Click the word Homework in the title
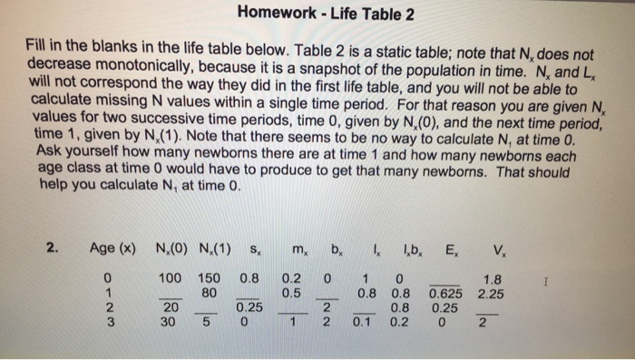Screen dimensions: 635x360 point(277,15)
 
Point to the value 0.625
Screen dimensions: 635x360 point(444,295)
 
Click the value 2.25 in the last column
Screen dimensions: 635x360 point(490,295)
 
